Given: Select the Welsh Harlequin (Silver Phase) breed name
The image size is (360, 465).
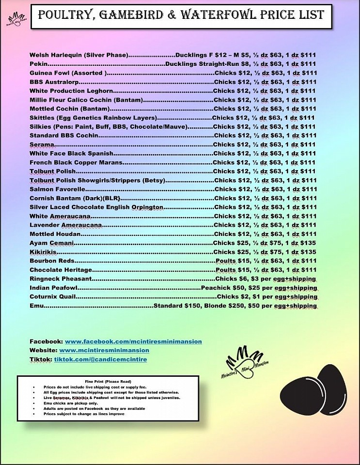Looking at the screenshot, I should (x=78, y=55).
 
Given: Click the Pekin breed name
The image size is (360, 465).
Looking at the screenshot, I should (x=38, y=64).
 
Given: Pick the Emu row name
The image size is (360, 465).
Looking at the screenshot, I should (x=36, y=306).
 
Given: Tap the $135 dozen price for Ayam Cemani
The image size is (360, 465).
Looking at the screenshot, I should (x=307, y=243).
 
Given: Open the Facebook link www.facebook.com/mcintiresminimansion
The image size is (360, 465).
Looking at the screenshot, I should (x=133, y=341).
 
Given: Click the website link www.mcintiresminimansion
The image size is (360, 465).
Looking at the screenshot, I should (x=104, y=350).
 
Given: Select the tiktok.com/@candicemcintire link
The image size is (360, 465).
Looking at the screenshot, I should (x=100, y=359).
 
